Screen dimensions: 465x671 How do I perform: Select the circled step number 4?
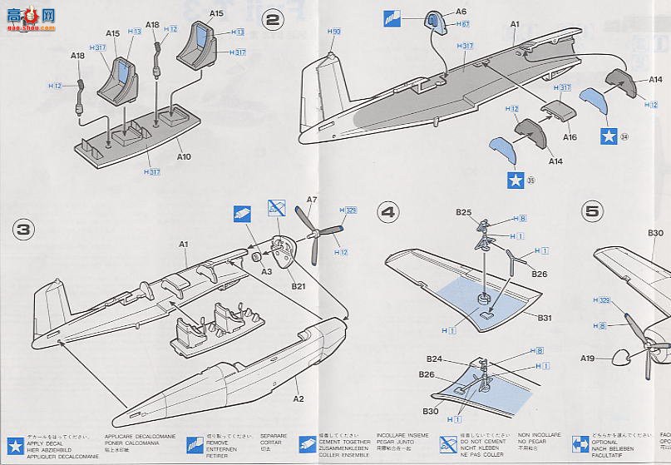pos(388,211)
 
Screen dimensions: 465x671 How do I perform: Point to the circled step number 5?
pos(592,211)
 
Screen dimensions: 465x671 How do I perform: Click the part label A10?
pos(184,156)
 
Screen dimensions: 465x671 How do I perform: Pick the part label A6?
pos(461,12)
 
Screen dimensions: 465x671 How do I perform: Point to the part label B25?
pos(462,212)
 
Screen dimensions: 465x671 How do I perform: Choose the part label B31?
pos(545,318)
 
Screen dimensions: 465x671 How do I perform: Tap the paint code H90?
pos(334,31)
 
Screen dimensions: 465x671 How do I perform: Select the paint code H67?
pos(464,25)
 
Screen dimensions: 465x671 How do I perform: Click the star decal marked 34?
pos(609,136)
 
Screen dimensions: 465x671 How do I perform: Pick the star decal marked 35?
pos(515,178)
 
